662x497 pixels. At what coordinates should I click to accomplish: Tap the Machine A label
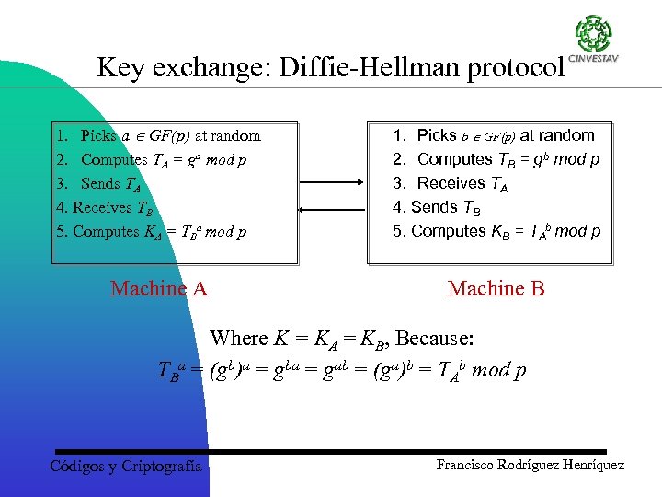pos(159,289)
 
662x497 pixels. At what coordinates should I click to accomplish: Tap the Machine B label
pos(496,289)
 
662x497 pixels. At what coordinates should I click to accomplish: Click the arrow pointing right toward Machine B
pos(333,187)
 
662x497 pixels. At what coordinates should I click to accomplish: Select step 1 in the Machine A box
pos(158,136)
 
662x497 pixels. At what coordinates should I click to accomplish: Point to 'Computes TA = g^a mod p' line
pos(151,160)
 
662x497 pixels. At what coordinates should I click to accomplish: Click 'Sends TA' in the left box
pos(101,184)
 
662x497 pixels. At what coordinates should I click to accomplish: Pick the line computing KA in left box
pos(151,232)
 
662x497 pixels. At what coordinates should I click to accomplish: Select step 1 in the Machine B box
pos(495,135)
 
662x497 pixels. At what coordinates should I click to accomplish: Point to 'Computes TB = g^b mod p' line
pos(496,159)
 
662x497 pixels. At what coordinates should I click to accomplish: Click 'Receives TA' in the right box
pos(451,183)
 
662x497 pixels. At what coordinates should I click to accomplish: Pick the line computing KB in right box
pos(496,231)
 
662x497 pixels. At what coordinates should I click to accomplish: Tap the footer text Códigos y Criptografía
pos(125,467)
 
